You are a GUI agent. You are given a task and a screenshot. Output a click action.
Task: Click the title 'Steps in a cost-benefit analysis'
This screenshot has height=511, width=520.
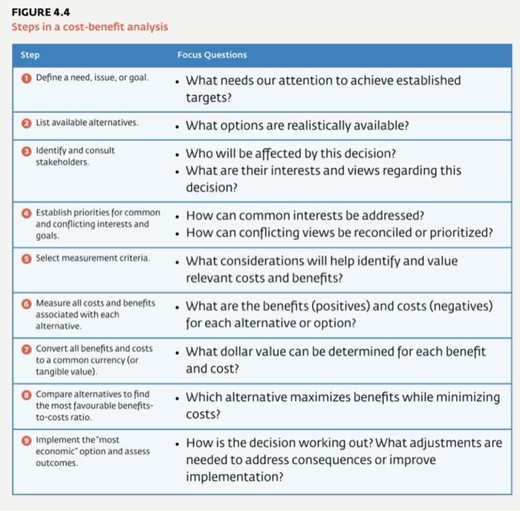pyautogui.click(x=89, y=27)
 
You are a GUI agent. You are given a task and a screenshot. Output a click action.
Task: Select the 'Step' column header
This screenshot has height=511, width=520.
pyautogui.click(x=30, y=55)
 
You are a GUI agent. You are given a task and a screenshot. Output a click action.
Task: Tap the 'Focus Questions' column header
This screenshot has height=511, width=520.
pyautogui.click(x=212, y=55)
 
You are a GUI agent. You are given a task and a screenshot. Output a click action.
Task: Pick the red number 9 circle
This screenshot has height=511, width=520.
pyautogui.click(x=25, y=440)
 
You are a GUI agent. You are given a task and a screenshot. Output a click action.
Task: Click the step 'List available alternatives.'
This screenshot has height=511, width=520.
pyautogui.click(x=87, y=122)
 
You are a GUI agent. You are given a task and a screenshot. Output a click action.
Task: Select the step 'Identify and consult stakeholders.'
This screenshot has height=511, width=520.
pyautogui.click(x=75, y=155)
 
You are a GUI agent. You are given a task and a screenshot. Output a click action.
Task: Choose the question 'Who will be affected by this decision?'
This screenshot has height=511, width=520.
pyautogui.click(x=290, y=153)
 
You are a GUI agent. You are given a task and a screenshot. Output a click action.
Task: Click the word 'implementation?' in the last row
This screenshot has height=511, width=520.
pyautogui.click(x=234, y=477)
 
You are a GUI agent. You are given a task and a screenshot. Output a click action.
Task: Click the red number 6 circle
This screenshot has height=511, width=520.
pyautogui.click(x=25, y=304)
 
